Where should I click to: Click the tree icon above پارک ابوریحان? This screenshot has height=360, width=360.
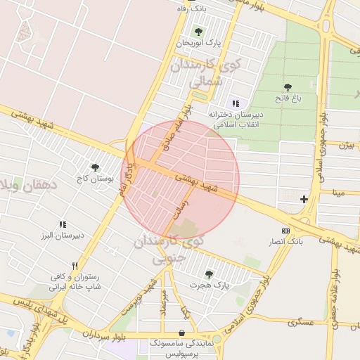point(198,31)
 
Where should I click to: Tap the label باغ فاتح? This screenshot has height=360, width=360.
point(288,99)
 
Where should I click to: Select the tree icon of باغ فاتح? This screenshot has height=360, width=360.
point(288,87)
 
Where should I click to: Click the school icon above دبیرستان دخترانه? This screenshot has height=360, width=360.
point(235,103)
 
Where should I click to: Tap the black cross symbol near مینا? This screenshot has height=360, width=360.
point(304,199)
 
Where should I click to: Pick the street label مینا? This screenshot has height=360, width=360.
point(338,192)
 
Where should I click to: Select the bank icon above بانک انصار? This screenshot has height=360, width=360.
point(285,231)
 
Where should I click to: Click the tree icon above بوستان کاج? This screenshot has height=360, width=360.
point(95,167)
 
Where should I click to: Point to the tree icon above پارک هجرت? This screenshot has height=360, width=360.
point(208,274)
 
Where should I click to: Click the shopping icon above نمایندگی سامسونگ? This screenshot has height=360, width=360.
point(182,333)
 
